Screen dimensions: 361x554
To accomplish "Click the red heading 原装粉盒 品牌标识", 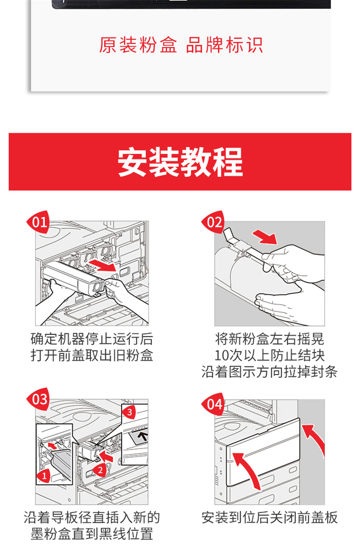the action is pyautogui.click(x=181, y=45).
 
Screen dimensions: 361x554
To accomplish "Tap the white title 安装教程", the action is pyautogui.click(x=180, y=162).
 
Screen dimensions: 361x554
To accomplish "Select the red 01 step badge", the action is pyautogui.click(x=38, y=222).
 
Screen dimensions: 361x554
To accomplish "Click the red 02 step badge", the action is pyautogui.click(x=213, y=222).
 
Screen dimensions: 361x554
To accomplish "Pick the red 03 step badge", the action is pyautogui.click(x=38, y=399).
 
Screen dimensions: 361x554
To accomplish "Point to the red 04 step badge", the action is pyautogui.click(x=213, y=403).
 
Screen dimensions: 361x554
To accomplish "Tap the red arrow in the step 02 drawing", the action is pyautogui.click(x=265, y=237).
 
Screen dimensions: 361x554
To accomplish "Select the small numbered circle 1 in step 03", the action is pyautogui.click(x=44, y=476).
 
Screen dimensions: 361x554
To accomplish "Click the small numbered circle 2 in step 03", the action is pyautogui.click(x=100, y=470).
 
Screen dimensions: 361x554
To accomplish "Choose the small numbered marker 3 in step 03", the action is pyautogui.click(x=129, y=412).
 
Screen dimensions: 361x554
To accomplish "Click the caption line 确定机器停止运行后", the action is pyautogui.click(x=92, y=339).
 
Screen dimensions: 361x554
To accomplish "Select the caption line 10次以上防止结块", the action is pyautogui.click(x=270, y=355).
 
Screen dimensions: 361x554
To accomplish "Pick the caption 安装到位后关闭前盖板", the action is pyautogui.click(x=270, y=517).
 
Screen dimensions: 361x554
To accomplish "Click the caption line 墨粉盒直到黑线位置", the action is pyautogui.click(x=92, y=534).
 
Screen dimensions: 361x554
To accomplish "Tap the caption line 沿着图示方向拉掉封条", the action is pyautogui.click(x=270, y=372).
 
